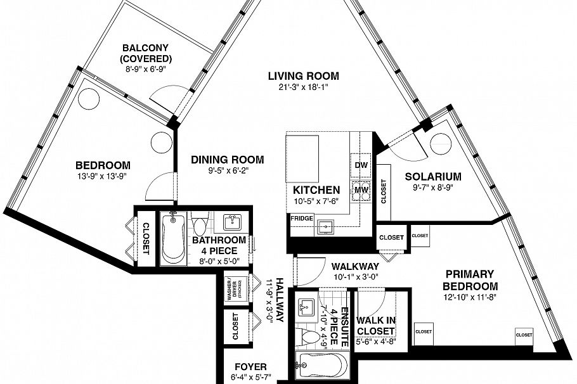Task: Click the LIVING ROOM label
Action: click(x=303, y=76)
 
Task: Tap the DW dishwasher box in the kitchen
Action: click(x=361, y=164)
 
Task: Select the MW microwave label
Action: click(x=361, y=189)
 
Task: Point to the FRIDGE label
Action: click(x=302, y=219)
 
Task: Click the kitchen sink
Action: click(x=328, y=226)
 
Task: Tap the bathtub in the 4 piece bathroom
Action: click(x=172, y=239)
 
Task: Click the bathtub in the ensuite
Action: click(x=321, y=368)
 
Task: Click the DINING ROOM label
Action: click(x=227, y=160)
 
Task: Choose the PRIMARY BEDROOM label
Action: click(x=469, y=279)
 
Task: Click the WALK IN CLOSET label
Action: click(x=375, y=326)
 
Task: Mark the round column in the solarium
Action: click(x=439, y=145)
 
